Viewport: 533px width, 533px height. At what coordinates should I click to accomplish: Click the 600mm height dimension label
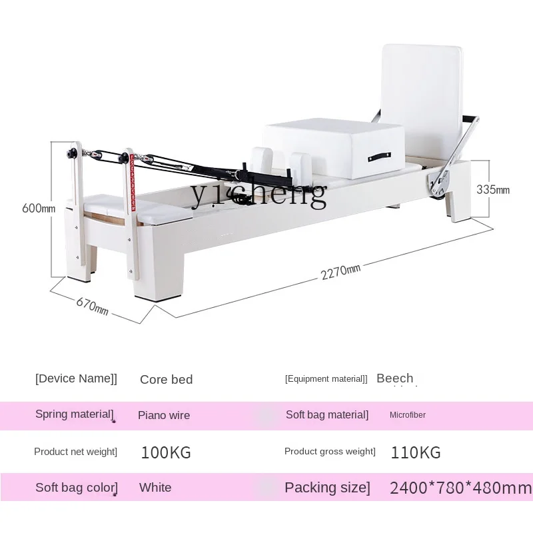pyautogui.click(x=39, y=208)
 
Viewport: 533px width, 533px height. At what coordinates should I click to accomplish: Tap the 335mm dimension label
pyautogui.click(x=493, y=189)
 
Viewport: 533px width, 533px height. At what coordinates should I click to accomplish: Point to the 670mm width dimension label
pyautogui.click(x=92, y=306)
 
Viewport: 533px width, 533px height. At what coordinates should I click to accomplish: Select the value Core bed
pyautogui.click(x=166, y=380)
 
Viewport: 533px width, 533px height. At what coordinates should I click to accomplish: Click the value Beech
pyautogui.click(x=394, y=378)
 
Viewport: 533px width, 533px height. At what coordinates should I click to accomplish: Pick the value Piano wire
pyautogui.click(x=164, y=415)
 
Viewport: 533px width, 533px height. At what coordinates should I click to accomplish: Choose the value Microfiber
pyautogui.click(x=408, y=415)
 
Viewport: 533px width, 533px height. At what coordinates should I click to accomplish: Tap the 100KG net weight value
pyautogui.click(x=166, y=453)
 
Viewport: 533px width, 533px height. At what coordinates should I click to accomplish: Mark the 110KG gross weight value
pyautogui.click(x=416, y=453)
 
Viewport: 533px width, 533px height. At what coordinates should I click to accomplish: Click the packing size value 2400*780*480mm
pyautogui.click(x=460, y=488)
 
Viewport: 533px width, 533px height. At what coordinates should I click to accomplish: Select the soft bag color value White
pyautogui.click(x=155, y=488)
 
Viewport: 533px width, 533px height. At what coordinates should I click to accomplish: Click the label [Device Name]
pyautogui.click(x=76, y=378)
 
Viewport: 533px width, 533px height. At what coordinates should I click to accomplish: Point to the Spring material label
pyautogui.click(x=74, y=414)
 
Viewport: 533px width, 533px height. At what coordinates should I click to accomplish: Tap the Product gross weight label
pyautogui.click(x=330, y=452)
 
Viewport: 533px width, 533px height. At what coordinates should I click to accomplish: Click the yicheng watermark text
pyautogui.click(x=259, y=193)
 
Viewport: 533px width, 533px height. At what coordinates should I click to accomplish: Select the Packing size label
pyautogui.click(x=326, y=488)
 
